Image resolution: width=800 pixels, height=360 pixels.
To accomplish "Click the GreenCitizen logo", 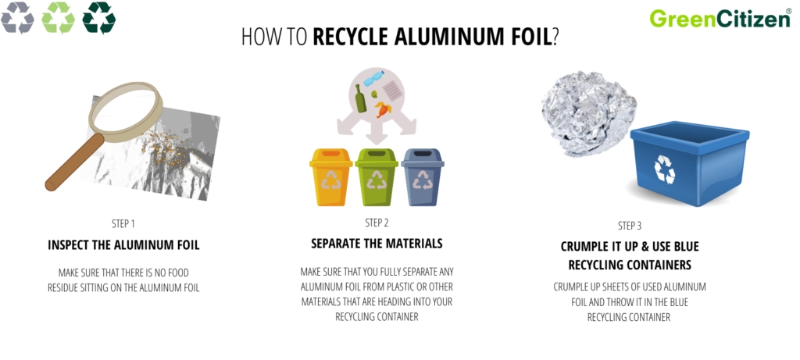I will point(719,18).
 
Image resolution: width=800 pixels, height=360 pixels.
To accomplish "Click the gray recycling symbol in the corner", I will point(17,18).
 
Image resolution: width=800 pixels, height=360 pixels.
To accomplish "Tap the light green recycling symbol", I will point(58,18).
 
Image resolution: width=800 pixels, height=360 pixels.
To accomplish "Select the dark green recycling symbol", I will point(98,18).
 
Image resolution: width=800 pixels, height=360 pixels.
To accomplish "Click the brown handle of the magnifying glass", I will point(73,165).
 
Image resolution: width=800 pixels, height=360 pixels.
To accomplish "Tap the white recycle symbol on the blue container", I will point(665,169).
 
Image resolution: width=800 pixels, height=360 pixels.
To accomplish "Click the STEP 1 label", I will point(123,223).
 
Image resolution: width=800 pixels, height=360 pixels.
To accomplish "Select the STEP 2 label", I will point(377,222).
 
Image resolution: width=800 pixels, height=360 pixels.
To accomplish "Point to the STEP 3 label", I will point(630,226).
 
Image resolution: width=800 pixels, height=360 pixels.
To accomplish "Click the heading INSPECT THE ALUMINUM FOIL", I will point(123,245).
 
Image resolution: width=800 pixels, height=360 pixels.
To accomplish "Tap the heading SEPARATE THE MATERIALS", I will point(377,244).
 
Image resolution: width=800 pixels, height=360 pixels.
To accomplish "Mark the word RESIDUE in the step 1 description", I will point(66,287).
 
